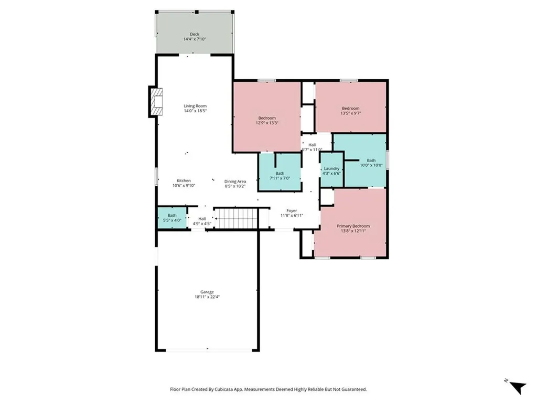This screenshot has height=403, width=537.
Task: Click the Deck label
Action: [x=195, y=34]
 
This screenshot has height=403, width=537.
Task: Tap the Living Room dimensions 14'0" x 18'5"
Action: [x=195, y=111]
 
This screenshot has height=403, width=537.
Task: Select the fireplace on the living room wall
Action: [x=156, y=102]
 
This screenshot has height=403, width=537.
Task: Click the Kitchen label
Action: [x=184, y=181]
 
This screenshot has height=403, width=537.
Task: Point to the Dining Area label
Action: [x=235, y=182]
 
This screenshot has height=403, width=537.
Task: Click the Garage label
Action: [x=207, y=292]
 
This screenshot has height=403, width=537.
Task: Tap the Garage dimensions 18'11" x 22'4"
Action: [x=207, y=297]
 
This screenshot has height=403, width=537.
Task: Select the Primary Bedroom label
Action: [x=353, y=226]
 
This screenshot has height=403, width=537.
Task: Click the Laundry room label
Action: [x=331, y=168]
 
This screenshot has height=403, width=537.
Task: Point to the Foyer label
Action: [x=292, y=211]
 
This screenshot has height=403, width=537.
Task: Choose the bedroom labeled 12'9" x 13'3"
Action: [x=267, y=116]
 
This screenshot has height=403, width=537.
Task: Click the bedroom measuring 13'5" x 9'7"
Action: [x=351, y=107]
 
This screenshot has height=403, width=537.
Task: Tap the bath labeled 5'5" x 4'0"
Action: [x=172, y=218]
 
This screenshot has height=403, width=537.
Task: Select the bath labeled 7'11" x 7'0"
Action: [x=280, y=172]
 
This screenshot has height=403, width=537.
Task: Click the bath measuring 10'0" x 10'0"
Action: [x=365, y=161]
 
